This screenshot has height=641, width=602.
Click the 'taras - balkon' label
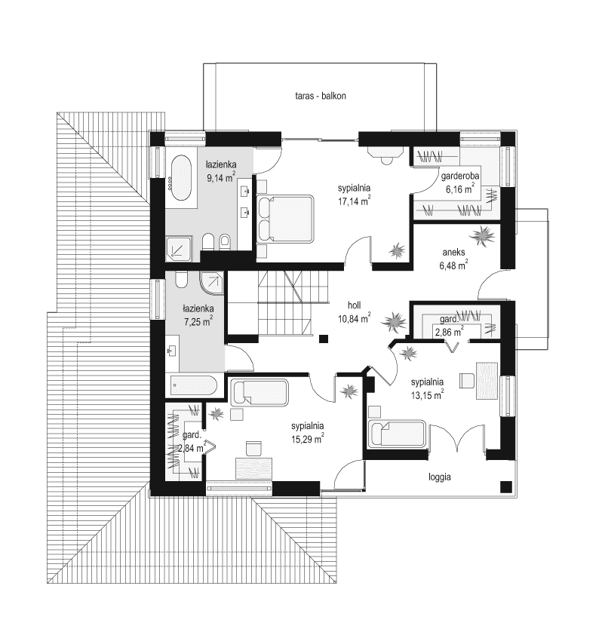[321, 96]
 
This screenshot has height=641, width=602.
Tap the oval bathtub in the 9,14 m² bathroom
[180, 177]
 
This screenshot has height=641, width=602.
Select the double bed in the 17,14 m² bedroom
[284, 219]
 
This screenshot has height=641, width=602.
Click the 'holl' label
[354, 305]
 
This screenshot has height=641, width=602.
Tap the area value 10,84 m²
[354, 318]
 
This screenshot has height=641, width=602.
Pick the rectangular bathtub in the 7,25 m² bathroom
[192, 386]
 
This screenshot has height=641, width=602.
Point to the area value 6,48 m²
[453, 265]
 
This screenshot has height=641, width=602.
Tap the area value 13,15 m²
[427, 393]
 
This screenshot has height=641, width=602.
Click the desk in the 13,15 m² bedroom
[488, 381]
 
